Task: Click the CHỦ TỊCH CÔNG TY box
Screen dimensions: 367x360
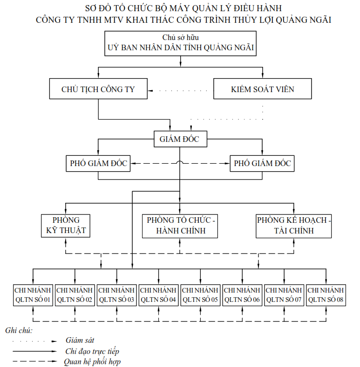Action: [x=98, y=89]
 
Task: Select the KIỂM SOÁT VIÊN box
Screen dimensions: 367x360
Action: [x=263, y=89]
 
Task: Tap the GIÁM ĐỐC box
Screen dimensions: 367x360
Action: [x=180, y=138]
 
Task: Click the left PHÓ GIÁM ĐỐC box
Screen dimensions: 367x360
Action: [x=98, y=163]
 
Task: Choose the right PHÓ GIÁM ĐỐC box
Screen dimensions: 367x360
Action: [x=262, y=163]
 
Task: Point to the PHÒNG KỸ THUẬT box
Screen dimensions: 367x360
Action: [x=66, y=226]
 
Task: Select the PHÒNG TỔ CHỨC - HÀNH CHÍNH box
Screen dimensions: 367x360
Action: [x=180, y=226]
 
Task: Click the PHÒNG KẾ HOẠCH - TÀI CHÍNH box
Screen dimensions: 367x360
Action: [x=294, y=226]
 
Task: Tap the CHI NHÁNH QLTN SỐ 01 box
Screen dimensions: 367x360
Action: [x=33, y=295]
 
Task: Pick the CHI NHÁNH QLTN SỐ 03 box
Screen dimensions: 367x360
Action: [x=116, y=295]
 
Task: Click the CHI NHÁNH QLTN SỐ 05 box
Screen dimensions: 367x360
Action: [x=200, y=295]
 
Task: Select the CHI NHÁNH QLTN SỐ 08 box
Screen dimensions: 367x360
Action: [x=326, y=295]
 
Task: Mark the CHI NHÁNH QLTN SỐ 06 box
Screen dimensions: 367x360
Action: [x=242, y=295]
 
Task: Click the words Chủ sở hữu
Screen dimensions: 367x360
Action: [x=180, y=37]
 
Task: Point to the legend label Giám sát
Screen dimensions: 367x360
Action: [x=80, y=340]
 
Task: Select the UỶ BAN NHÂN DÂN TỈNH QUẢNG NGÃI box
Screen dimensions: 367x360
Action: [x=180, y=43]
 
